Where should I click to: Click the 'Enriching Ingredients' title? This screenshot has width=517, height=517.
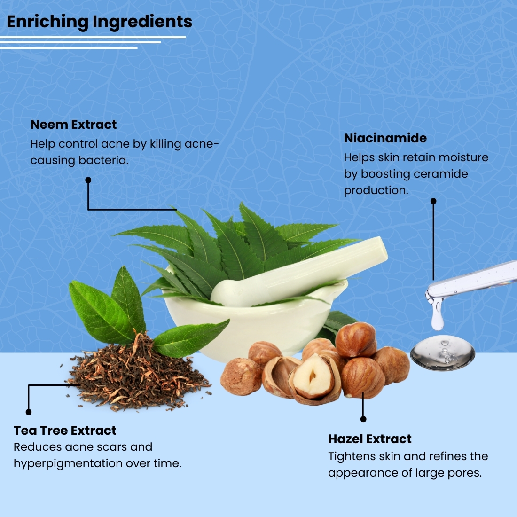tap(99, 22)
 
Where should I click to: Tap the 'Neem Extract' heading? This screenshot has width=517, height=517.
tap(73, 125)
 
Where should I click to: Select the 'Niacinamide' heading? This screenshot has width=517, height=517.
tap(385, 138)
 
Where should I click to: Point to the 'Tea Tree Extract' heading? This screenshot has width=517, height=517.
tap(65, 430)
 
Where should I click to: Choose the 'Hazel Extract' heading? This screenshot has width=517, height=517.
tap(369, 439)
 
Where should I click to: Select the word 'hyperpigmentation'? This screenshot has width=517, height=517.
tap(68, 464)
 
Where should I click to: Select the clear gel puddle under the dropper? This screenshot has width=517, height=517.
tap(442, 352)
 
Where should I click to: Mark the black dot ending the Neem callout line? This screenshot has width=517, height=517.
tap(88, 180)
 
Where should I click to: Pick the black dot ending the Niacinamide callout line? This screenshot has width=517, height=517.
tap(433, 201)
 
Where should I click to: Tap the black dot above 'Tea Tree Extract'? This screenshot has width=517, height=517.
tap(29, 412)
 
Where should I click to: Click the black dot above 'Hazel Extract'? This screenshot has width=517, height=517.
tap(363, 419)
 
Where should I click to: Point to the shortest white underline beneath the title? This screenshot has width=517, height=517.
tap(69, 48)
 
